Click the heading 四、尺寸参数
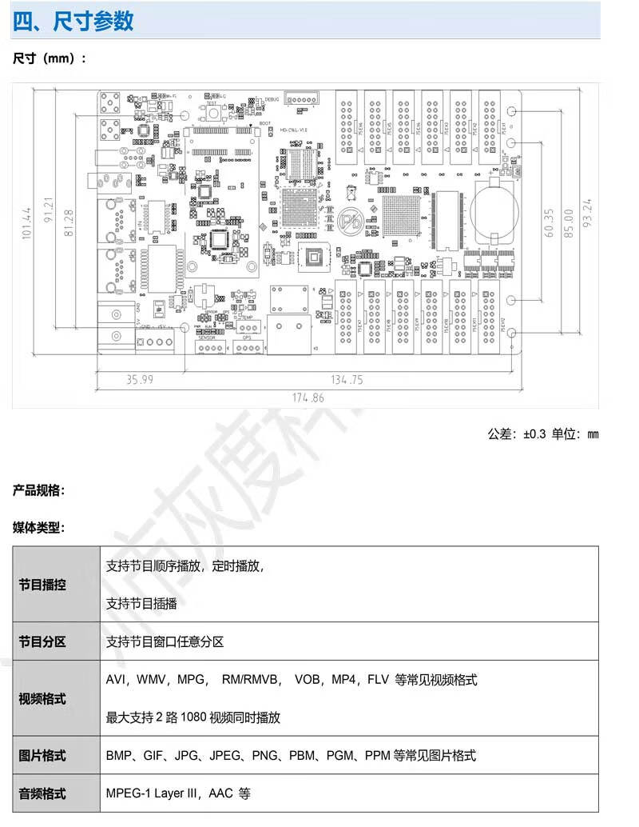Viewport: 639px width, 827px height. (73, 21)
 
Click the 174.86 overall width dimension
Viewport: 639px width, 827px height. (308, 398)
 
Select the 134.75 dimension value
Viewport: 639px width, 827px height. (347, 380)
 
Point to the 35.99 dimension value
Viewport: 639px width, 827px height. (139, 380)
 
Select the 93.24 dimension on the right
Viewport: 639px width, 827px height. (589, 214)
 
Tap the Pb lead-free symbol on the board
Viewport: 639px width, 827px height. (349, 218)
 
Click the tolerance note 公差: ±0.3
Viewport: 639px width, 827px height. (516, 434)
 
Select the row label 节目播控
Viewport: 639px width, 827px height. (42, 585)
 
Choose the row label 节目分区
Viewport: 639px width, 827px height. (42, 641)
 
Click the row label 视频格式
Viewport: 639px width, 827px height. (42, 698)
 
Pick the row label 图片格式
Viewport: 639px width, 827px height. (42, 756)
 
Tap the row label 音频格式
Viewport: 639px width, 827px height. (42, 794)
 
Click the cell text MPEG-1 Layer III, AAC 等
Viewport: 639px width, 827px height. (178, 794)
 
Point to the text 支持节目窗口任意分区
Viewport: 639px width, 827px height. (165, 641)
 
